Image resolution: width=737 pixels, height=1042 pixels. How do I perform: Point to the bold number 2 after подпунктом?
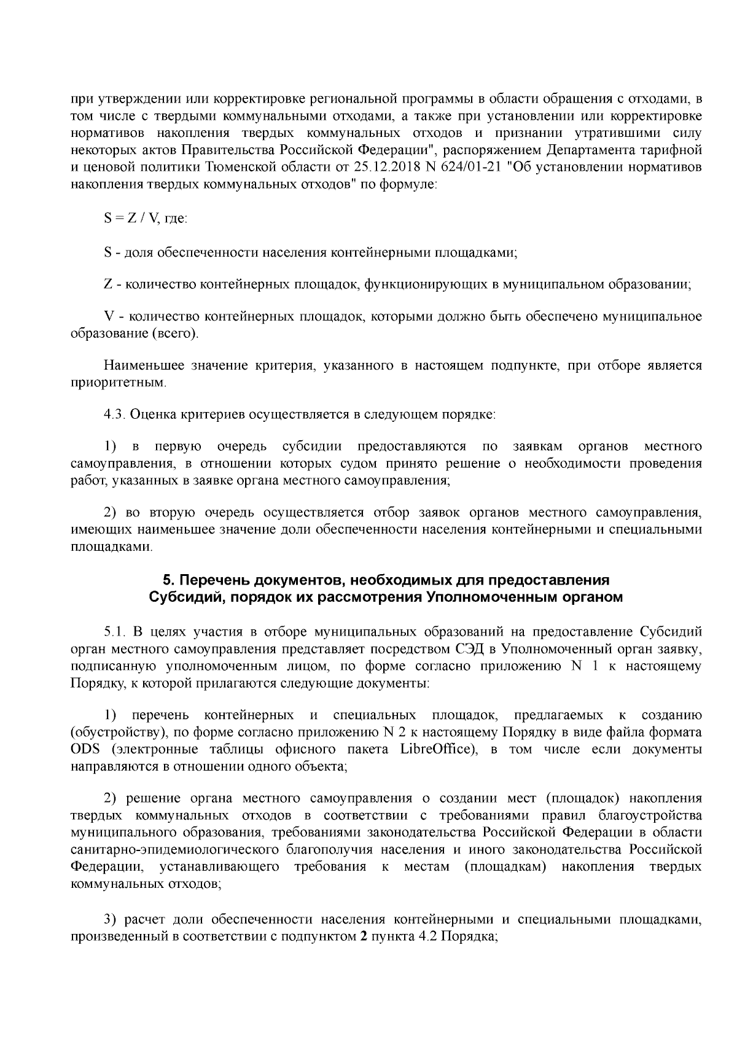click(x=362, y=939)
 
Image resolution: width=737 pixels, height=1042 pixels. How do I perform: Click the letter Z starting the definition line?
click(x=107, y=284)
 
